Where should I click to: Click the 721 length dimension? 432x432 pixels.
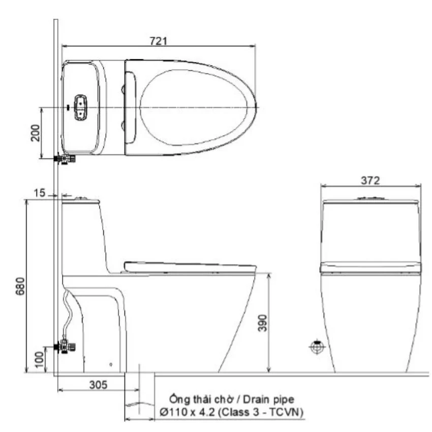159,41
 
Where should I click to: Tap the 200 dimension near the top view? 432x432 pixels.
35,133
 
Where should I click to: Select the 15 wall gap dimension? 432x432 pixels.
39,193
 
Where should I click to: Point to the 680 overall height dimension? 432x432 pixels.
20,286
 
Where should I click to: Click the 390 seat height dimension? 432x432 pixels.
263,323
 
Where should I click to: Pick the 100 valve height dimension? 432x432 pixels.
39,359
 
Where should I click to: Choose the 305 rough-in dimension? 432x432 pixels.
99,385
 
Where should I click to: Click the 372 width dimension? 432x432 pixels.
371,180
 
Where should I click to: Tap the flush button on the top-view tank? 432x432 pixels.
80,108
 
